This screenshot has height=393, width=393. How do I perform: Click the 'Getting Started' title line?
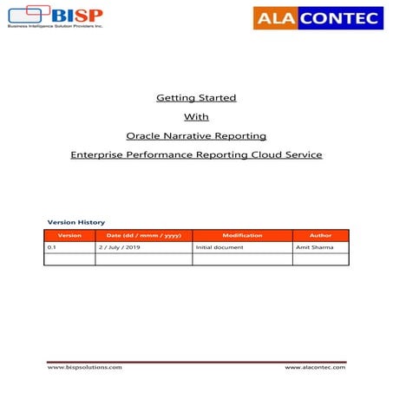click(196, 97)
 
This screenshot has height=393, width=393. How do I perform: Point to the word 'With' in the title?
click(196, 116)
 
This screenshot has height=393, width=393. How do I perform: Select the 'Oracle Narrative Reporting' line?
click(196, 135)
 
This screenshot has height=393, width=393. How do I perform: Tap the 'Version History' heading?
click(75, 222)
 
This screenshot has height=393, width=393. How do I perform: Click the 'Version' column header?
click(69, 235)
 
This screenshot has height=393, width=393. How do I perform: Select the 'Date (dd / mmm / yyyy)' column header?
click(143, 235)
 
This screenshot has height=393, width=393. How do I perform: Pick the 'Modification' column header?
click(242, 235)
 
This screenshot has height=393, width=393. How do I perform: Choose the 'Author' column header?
click(320, 235)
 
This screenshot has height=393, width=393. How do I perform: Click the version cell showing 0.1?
click(52, 247)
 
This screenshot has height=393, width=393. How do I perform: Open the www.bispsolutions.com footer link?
click(85, 368)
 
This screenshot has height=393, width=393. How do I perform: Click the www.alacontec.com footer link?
click(315, 368)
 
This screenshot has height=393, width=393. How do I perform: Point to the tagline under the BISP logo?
click(55, 26)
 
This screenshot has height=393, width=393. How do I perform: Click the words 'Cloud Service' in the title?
click(291, 154)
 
